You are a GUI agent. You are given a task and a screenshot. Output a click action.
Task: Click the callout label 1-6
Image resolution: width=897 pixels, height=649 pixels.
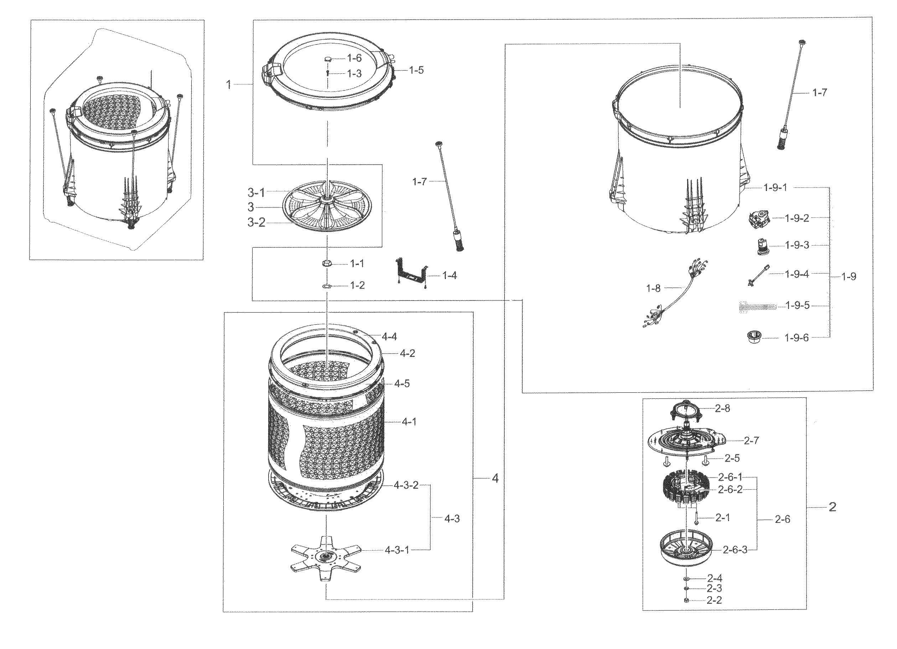pos(354,58)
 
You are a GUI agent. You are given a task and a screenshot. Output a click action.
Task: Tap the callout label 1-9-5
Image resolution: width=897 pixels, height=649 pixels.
pos(797,305)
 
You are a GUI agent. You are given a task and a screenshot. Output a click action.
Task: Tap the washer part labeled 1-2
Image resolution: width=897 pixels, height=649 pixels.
pos(327,286)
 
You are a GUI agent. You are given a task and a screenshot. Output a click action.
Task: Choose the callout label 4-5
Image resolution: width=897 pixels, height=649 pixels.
pos(402,383)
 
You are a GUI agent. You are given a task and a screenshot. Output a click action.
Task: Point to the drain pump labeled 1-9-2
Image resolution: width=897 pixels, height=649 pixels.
pos(757,218)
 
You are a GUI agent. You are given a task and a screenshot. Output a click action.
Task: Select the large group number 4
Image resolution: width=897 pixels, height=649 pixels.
pos(495,478)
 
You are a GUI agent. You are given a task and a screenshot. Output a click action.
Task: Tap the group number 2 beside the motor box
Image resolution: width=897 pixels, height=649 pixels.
pos(832,507)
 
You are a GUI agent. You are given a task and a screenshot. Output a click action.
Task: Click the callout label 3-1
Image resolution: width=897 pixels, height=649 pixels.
pos(256,193)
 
